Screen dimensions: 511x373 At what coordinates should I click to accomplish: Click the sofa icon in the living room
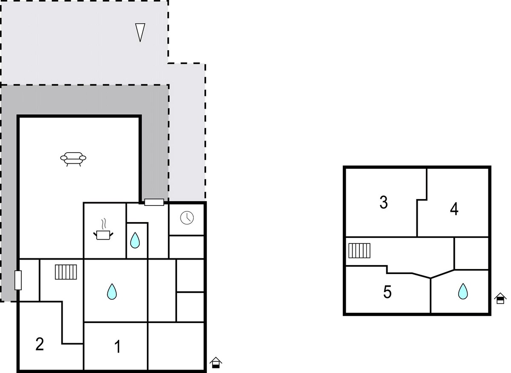tap(73, 159)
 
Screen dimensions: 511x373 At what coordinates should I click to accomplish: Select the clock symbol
tap(187, 218)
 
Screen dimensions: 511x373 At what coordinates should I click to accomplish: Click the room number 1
tap(118, 346)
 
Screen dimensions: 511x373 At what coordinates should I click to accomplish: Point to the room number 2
tap(40, 344)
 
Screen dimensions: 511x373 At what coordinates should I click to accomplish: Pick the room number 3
tap(384, 202)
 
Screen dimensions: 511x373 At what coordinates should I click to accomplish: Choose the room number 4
tap(454, 209)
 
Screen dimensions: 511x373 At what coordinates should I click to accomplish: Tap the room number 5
tap(388, 292)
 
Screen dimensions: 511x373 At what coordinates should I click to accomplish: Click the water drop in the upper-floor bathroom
tap(463, 291)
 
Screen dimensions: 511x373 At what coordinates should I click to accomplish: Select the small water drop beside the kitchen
tap(135, 240)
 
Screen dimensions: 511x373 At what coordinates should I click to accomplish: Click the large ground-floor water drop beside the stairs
tap(112, 292)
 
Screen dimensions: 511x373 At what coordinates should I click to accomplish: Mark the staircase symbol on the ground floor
tap(66, 272)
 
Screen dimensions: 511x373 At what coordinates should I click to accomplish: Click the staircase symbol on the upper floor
tap(359, 251)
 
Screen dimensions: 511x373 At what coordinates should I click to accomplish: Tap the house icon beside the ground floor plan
tap(215, 362)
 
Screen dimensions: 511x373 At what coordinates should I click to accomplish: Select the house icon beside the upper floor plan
tap(500, 298)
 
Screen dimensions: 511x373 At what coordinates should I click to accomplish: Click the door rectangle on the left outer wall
tap(18, 280)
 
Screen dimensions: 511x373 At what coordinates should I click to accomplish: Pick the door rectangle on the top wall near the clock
tap(154, 202)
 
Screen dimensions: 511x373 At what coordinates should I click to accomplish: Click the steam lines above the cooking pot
tap(104, 224)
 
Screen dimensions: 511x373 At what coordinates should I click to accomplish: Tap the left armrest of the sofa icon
tap(63, 158)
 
